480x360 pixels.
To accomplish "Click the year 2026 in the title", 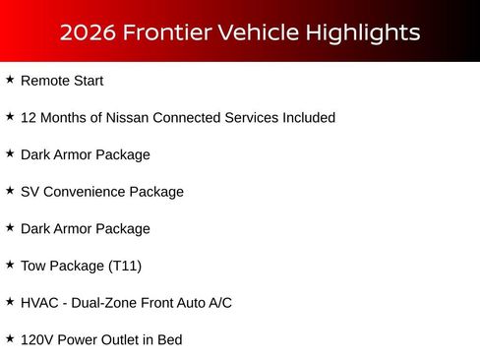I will pos(85,32).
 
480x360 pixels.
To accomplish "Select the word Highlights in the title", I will pos(364,32).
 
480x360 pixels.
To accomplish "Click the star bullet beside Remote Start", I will pos(10,80).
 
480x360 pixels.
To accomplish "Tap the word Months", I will pos(68,118).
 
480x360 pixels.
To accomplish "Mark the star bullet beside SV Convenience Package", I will pos(10,191).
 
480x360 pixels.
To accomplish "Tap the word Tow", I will pos(33,266).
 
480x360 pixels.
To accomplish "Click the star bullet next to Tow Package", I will pos(10,265).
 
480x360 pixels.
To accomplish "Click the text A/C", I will pos(219,303).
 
